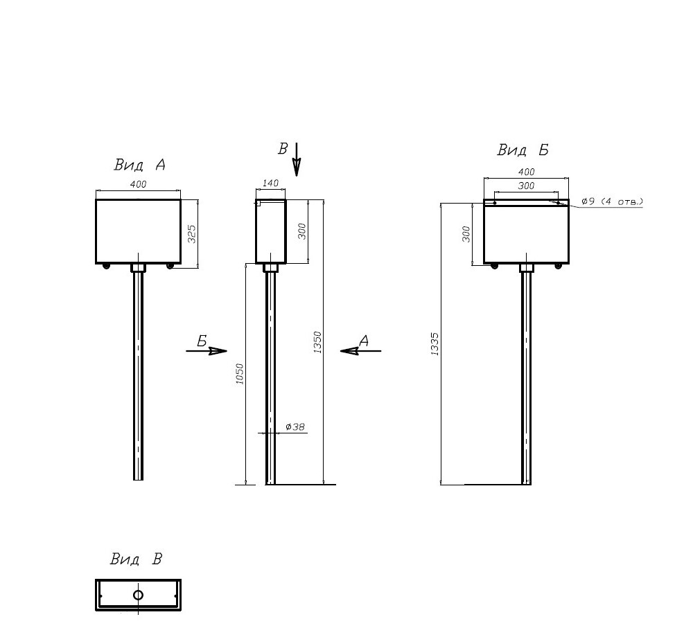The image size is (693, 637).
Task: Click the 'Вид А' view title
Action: tap(140, 165)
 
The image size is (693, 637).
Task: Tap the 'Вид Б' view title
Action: tap(523, 150)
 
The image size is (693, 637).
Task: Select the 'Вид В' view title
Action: tap(136, 559)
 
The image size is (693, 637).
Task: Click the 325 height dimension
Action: tap(192, 234)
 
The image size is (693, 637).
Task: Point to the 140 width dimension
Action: tap(270, 183)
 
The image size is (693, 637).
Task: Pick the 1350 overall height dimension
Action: tap(317, 342)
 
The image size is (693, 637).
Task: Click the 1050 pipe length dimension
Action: tap(240, 374)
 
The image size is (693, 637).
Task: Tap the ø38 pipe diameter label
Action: tap(295, 427)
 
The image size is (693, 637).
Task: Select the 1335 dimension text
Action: tap(435, 344)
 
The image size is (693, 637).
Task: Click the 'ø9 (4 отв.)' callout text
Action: tap(612, 201)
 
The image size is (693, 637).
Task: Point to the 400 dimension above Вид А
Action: tap(138, 184)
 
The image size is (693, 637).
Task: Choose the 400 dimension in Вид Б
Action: tap(526, 172)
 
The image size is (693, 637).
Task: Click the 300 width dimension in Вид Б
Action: tap(526, 186)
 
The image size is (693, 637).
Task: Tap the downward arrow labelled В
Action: tap(297, 159)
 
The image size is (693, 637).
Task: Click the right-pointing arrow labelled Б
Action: tap(207, 351)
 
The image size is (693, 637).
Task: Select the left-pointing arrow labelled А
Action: tap(360, 351)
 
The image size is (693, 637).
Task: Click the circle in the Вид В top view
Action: tap(138, 595)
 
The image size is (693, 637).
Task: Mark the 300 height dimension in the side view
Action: tap(302, 231)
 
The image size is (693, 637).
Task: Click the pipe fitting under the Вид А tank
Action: tap(139, 268)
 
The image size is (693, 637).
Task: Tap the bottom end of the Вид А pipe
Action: tap(139, 480)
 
